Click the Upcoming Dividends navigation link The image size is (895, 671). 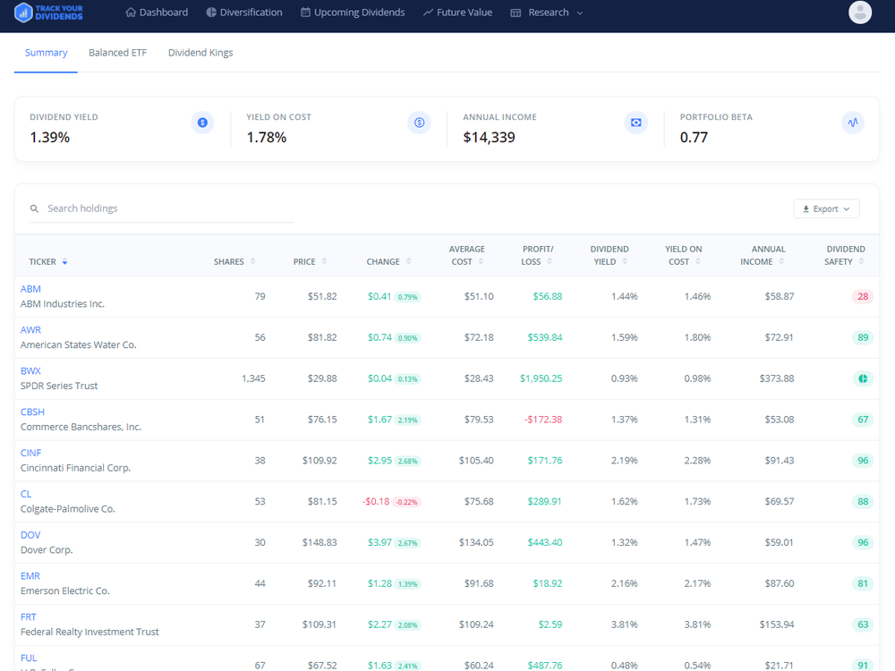[353, 13]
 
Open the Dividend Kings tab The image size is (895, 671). [200, 53]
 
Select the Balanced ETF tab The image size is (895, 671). [117, 53]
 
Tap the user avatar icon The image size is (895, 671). [860, 13]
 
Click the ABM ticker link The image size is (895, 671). [30, 289]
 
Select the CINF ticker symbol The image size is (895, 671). [30, 453]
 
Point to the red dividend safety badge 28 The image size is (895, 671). [863, 296]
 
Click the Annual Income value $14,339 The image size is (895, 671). [489, 138]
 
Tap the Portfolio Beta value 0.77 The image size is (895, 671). [694, 138]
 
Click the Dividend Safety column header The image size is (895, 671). [845, 255]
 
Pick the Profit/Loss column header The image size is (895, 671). [538, 255]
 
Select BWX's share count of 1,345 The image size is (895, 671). [253, 378]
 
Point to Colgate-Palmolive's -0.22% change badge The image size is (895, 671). [407, 502]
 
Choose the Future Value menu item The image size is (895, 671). [457, 13]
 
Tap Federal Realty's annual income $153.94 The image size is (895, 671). [775, 624]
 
